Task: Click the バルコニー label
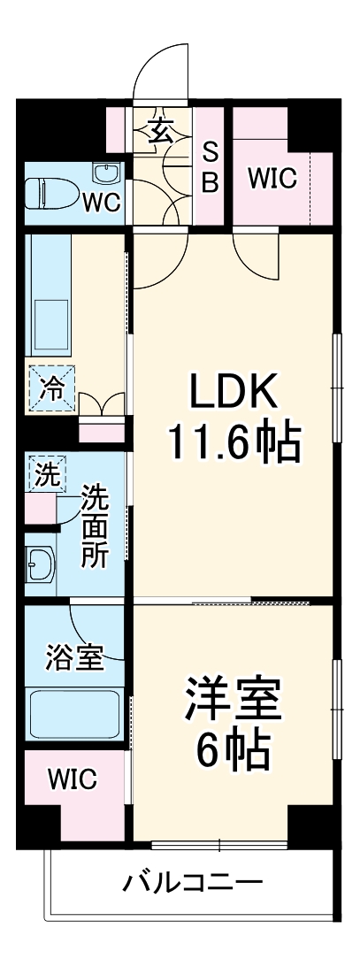192,882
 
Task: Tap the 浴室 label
74,657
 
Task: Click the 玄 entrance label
160,132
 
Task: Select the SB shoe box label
211,167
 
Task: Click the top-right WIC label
272,178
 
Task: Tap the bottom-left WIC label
73,779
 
